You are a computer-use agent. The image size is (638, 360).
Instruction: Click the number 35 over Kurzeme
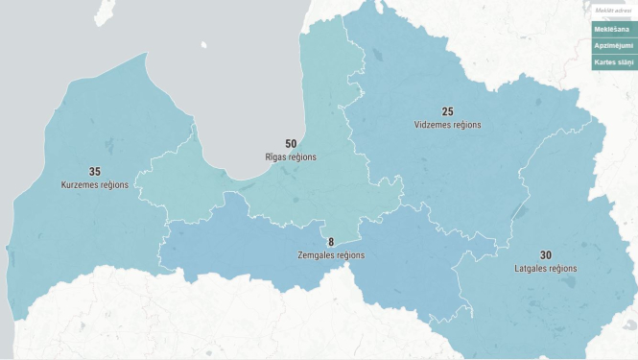[x=94, y=172]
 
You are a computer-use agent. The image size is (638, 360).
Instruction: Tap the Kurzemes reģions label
[x=94, y=184]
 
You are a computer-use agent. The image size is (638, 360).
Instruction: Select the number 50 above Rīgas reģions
[x=291, y=144]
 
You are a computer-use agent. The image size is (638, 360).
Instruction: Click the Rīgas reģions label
[x=291, y=156]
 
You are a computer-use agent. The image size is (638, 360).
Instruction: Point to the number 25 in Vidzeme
[x=447, y=112]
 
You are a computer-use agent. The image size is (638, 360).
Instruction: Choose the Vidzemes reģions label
[x=447, y=125]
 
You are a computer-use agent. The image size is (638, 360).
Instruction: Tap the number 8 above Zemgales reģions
[x=331, y=243]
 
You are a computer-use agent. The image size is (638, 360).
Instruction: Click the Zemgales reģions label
[x=331, y=255]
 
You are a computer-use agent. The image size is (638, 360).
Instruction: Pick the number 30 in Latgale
[x=545, y=255]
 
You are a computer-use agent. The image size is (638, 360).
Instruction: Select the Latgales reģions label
[x=545, y=268]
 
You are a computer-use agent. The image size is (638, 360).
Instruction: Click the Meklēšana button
[x=614, y=30]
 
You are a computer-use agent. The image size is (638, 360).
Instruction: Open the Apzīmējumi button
[x=614, y=45]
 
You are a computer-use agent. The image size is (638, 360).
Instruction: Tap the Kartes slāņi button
[x=614, y=61]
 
